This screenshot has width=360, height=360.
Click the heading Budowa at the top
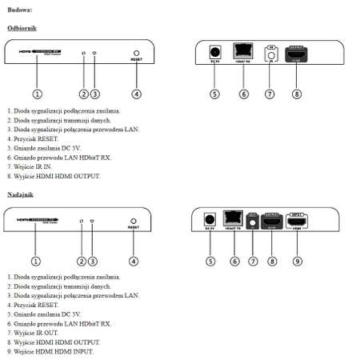point(20,10)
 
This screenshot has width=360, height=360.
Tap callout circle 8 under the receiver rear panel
point(297,94)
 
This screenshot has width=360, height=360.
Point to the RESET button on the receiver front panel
point(137,54)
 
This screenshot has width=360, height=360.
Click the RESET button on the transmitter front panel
point(134,221)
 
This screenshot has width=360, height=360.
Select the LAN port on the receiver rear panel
point(243,50)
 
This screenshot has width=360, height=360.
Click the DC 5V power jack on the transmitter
point(211,218)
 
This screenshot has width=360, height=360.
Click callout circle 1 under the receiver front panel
point(37,94)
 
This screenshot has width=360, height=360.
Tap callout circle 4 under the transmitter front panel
point(134,260)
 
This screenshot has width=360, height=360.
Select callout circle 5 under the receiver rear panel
point(214,94)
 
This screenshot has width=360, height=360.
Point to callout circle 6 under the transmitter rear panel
point(235,260)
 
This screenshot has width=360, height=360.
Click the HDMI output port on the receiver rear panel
point(297,53)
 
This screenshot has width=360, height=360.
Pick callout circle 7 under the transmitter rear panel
point(253,260)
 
